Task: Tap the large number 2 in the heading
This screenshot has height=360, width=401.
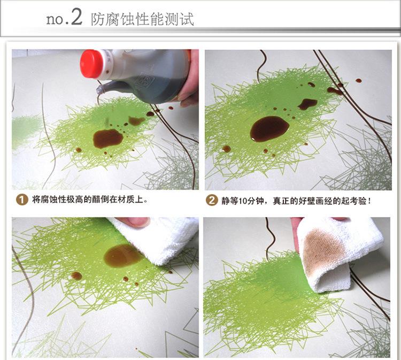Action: (76, 17)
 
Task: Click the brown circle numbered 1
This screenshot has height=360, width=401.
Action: (21, 200)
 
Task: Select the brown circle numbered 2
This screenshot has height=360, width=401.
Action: (211, 200)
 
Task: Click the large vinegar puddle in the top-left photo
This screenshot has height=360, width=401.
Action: (108, 138)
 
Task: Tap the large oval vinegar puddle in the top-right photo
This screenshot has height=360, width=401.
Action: (269, 128)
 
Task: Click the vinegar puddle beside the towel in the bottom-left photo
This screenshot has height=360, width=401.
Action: (123, 256)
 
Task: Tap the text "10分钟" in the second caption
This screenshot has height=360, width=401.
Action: (248, 201)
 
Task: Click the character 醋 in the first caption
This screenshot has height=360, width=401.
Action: (97, 200)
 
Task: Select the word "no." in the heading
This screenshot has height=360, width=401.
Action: (57, 19)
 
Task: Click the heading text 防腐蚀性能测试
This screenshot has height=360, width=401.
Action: (142, 19)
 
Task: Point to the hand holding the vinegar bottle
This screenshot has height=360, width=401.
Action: (189, 82)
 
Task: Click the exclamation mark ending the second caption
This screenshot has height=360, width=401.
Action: (369, 201)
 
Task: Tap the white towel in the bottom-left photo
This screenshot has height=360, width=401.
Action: (156, 238)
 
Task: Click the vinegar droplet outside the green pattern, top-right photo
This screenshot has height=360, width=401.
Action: (359, 81)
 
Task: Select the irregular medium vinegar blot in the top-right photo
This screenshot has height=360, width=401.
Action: (308, 104)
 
